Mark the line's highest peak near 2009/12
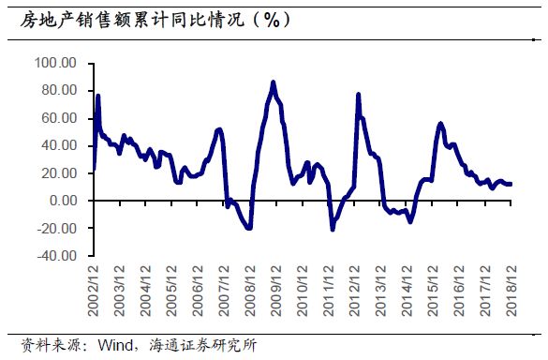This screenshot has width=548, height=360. [273, 82]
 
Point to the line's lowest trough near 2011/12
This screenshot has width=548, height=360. [333, 229]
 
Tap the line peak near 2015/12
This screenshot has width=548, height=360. [440, 123]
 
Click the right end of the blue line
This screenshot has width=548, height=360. [511, 184]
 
